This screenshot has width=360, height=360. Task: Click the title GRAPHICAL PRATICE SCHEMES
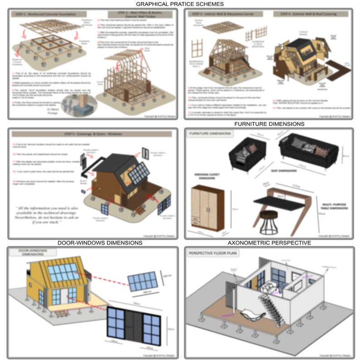(x=180, y=4)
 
